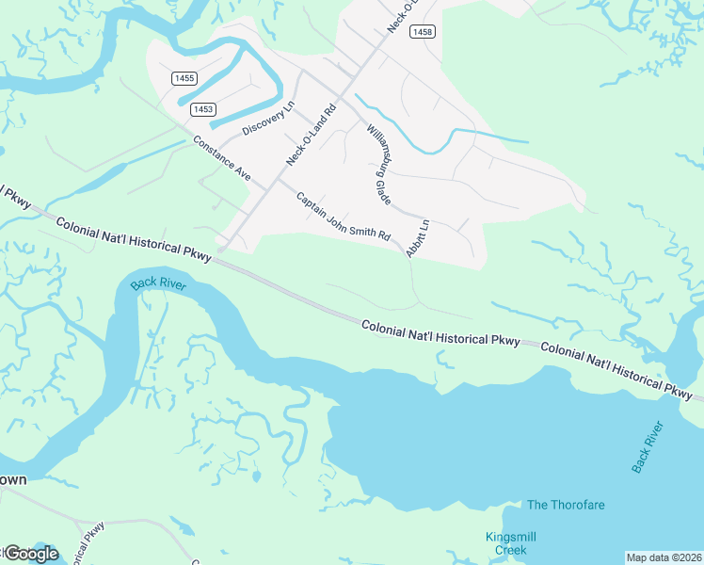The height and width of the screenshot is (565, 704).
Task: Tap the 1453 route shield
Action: point(202,109)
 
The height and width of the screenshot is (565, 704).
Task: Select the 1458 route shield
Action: point(423,32)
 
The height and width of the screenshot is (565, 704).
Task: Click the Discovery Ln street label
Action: point(268,118)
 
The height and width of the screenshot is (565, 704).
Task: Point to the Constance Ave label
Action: point(222,160)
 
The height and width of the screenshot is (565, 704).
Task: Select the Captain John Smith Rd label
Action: point(343,218)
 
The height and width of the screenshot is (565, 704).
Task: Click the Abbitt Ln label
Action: point(417,238)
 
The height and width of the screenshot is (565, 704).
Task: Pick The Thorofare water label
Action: point(566,505)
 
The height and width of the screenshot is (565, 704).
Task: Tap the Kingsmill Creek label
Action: point(505,542)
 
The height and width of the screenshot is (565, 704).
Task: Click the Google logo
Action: point(30,554)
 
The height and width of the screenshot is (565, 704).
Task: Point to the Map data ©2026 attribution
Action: point(664,557)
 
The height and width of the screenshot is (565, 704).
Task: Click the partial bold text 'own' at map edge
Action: point(13,479)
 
